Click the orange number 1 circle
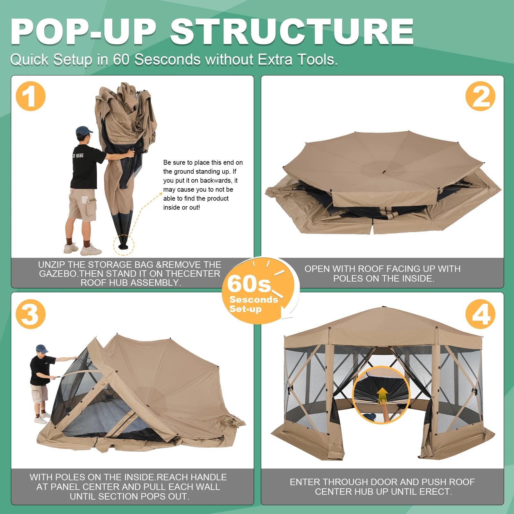click(30, 96)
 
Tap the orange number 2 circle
click(480, 96)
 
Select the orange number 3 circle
click(30, 314)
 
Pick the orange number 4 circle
click(480, 314)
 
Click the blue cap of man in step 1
click(83, 131)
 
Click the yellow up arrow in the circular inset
click(382, 394)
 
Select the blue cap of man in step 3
click(42, 349)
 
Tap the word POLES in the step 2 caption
click(347, 278)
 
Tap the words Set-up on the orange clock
click(245, 309)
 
